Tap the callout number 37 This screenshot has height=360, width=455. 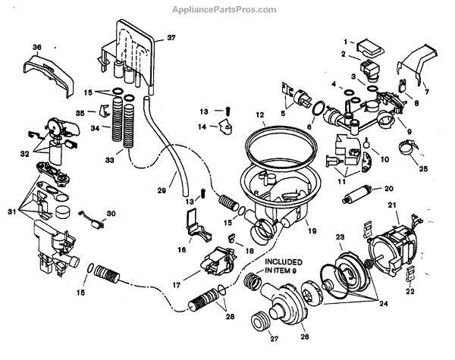(171, 38)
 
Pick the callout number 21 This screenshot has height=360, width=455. (392, 206)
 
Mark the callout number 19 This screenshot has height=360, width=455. (310, 224)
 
